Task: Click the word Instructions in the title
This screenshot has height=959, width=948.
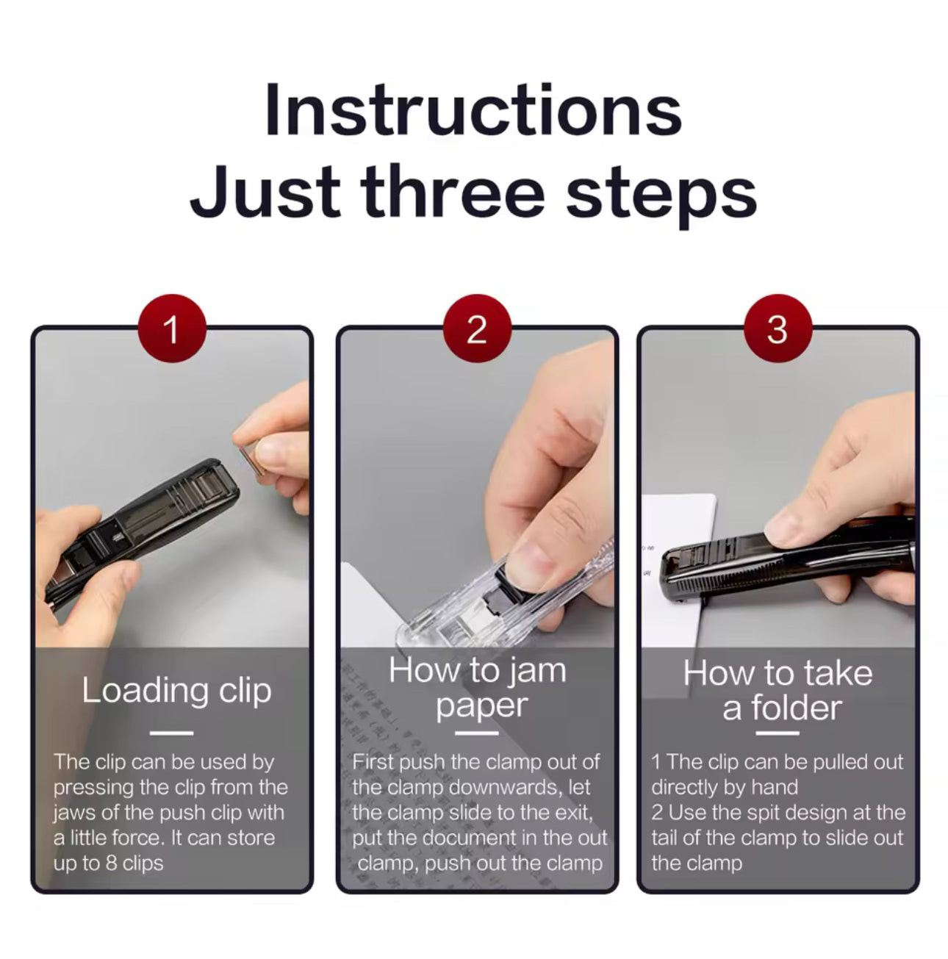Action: pos(473,109)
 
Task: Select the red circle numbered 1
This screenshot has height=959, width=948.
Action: pos(172,328)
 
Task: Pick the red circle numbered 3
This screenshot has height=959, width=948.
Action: pos(778,328)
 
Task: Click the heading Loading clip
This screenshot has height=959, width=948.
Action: pos(177,691)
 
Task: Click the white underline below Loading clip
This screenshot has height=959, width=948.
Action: pos(171,733)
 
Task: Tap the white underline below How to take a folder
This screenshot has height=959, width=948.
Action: pos(778,733)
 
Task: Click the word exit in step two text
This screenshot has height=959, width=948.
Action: pos(573,813)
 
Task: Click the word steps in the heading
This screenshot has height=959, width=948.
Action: pos(661,194)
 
